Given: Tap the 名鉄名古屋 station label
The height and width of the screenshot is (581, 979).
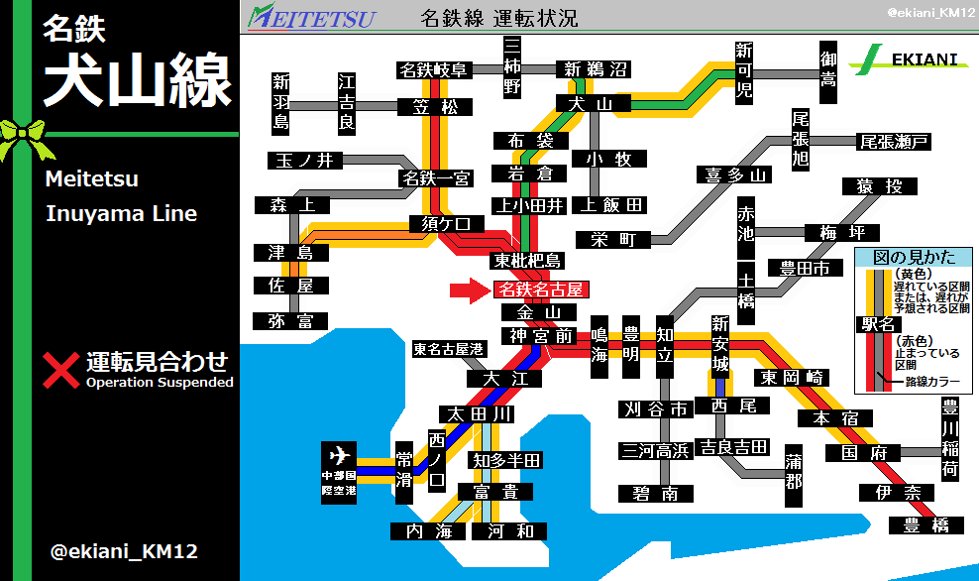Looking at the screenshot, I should pyautogui.click(x=540, y=290).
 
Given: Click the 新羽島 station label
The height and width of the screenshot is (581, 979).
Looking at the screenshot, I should pyautogui.click(x=281, y=103).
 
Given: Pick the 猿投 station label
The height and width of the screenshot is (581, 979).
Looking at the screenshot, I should pyautogui.click(x=873, y=186).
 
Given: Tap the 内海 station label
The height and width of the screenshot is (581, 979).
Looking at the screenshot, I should pyautogui.click(x=428, y=531).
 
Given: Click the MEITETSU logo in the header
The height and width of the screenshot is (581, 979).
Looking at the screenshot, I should pyautogui.click(x=312, y=16).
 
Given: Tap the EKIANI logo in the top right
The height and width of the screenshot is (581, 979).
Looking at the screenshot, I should pyautogui.click(x=916, y=58).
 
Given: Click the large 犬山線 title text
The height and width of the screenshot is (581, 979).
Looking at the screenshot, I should pyautogui.click(x=137, y=79).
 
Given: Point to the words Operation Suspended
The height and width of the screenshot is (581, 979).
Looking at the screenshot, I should pyautogui.click(x=160, y=382).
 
